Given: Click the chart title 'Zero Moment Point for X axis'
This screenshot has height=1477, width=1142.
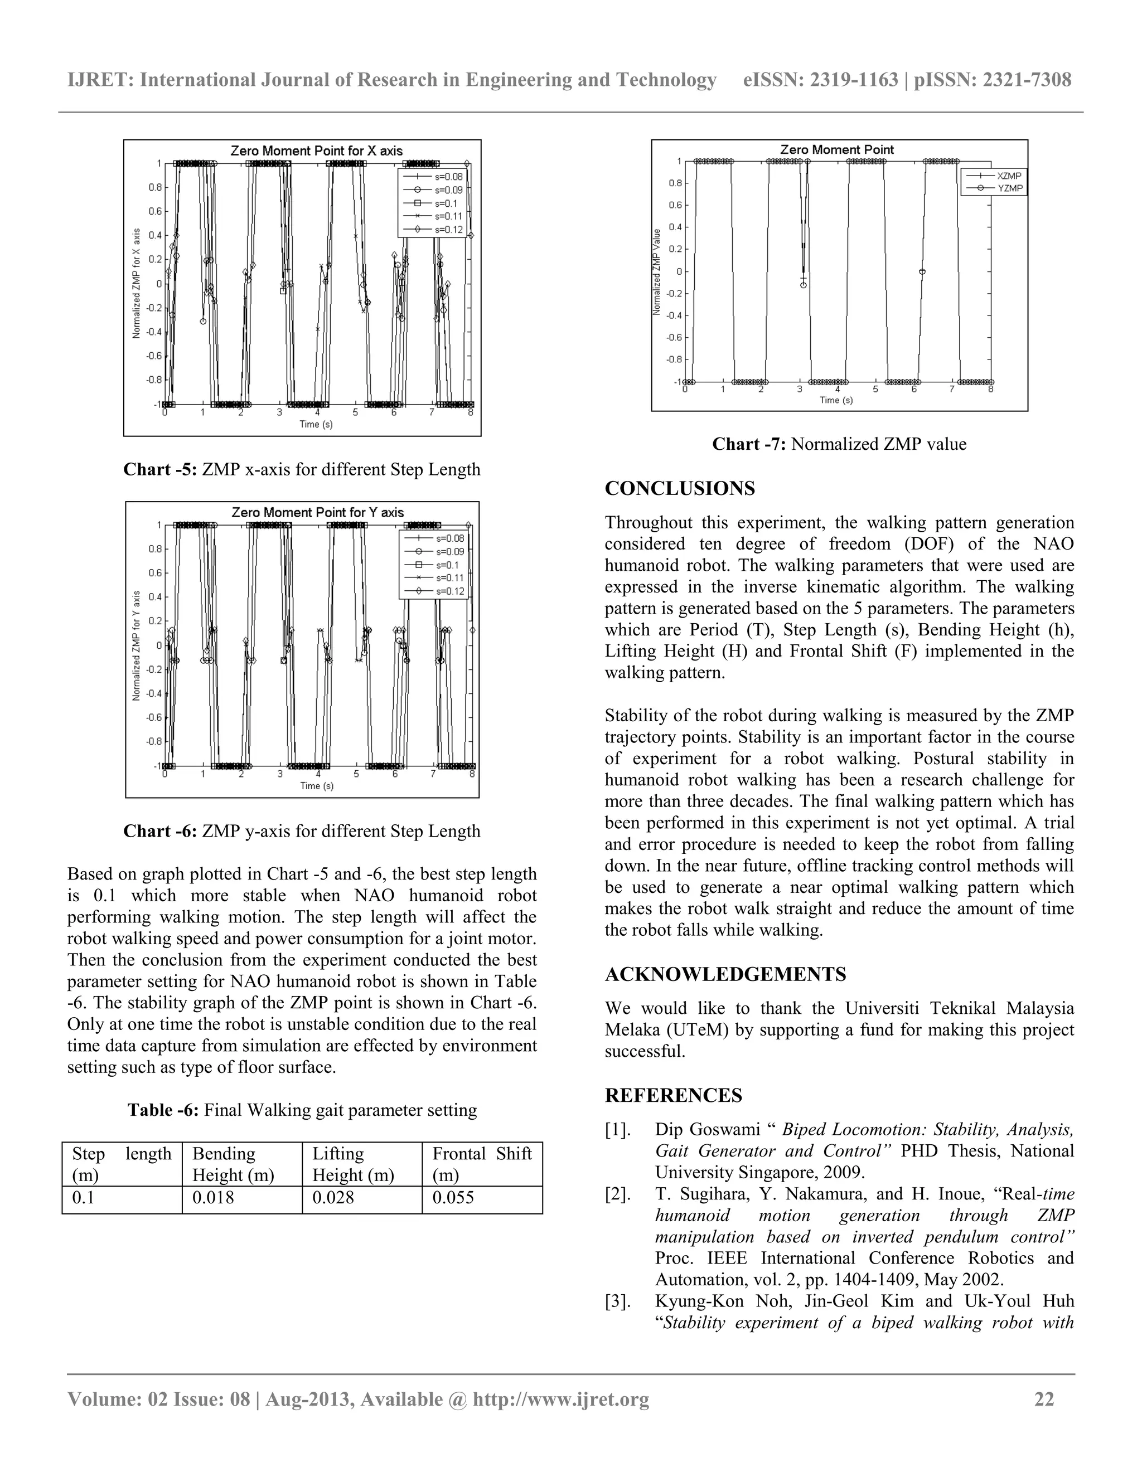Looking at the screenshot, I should click(x=316, y=151).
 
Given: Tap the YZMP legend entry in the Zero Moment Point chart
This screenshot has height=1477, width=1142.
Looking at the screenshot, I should click(x=1009, y=188).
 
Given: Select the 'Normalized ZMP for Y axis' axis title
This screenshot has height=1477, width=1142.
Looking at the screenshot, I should click(x=137, y=646).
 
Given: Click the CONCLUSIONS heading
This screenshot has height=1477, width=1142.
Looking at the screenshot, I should click(x=679, y=488).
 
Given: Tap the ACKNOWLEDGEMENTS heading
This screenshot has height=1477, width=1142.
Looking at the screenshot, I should click(x=725, y=974).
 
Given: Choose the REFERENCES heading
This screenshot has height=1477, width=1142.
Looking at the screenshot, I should click(x=673, y=1096).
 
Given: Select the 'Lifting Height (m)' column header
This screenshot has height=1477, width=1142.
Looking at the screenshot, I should click(x=353, y=1164).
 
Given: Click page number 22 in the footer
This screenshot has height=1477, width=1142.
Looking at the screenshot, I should click(x=1044, y=1399).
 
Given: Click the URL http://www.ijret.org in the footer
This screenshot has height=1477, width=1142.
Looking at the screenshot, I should click(x=561, y=1399).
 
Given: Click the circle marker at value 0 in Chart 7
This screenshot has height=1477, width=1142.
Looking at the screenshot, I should click(x=922, y=272).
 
